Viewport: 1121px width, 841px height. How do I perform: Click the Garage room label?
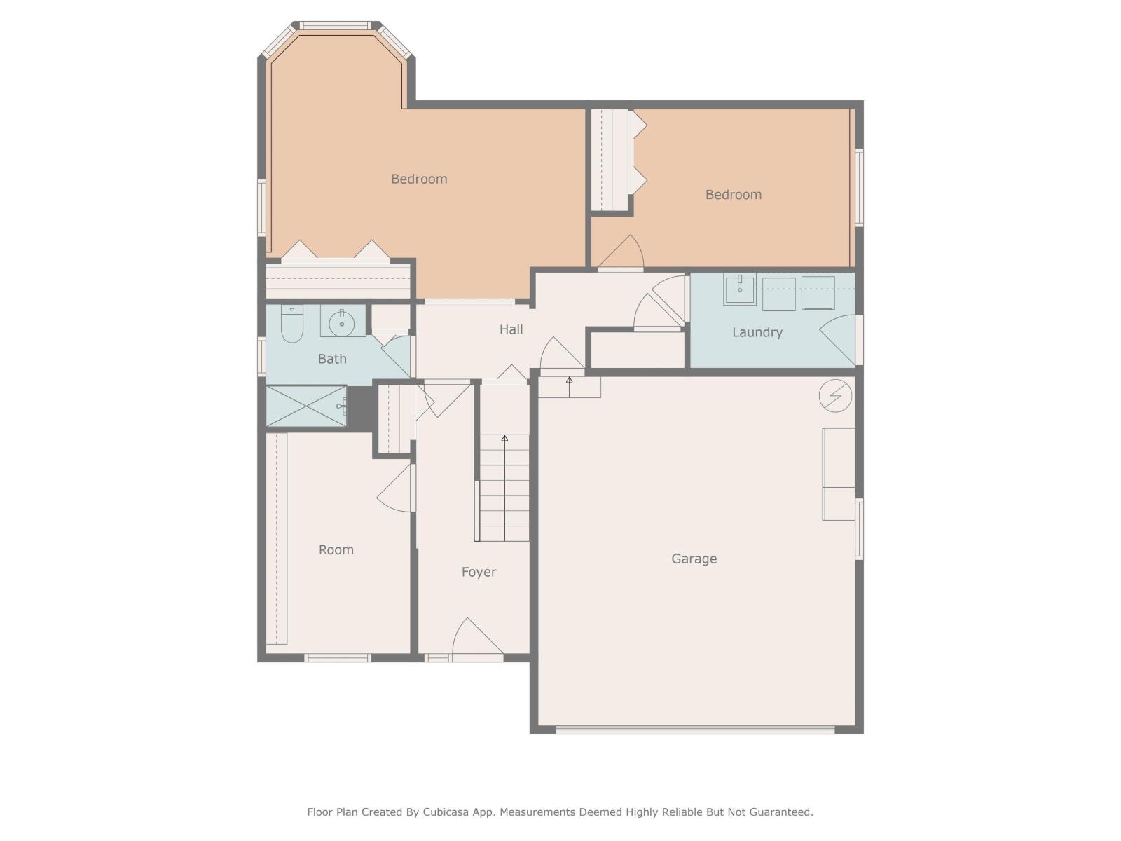[x=694, y=559]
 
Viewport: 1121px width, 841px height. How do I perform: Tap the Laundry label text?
[x=757, y=332]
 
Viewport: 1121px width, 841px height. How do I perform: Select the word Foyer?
[x=479, y=572]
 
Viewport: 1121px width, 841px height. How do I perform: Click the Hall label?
[x=511, y=329]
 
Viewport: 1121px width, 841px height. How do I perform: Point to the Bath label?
[x=332, y=359]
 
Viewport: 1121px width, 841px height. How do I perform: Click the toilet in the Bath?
[x=291, y=325]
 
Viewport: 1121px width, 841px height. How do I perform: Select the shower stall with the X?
[x=306, y=406]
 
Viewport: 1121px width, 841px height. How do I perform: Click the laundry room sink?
[x=739, y=289]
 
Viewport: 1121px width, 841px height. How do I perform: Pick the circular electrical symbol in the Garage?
[x=835, y=396]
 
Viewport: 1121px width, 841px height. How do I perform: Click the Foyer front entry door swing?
[x=476, y=639]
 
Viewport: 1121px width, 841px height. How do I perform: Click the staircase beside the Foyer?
[x=504, y=488]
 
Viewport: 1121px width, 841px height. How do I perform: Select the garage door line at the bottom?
[x=695, y=730]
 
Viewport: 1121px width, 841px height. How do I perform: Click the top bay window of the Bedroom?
[x=336, y=26]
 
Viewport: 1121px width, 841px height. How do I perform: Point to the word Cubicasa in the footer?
[x=449, y=812]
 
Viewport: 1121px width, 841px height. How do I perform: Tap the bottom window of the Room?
[x=337, y=658]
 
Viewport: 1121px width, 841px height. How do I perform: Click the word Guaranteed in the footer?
[x=780, y=812]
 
